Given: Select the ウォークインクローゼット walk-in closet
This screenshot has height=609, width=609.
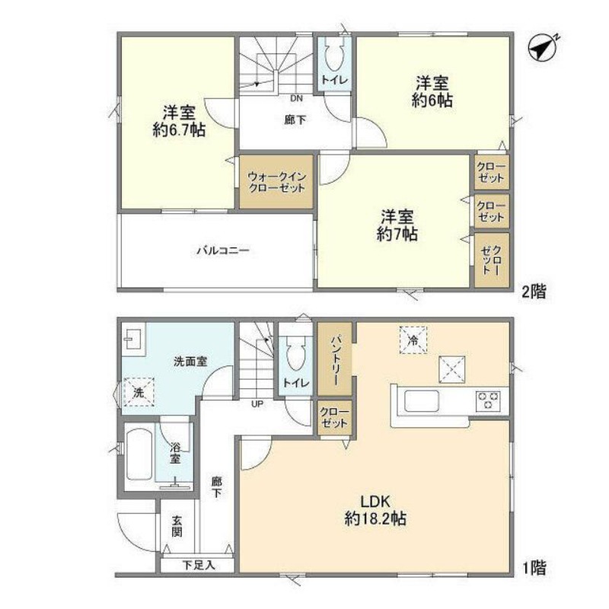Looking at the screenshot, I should [x=277, y=183].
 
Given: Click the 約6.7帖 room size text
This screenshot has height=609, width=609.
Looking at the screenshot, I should [x=178, y=130].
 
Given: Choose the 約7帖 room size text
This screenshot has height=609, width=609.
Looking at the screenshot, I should [x=397, y=235].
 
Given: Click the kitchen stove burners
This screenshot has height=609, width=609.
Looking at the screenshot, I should [x=488, y=400].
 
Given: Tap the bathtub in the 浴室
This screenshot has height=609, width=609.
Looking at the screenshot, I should [x=138, y=454].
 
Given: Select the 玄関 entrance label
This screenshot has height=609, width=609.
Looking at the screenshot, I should [x=177, y=526].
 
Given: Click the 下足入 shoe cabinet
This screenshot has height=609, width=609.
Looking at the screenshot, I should [x=199, y=566].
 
